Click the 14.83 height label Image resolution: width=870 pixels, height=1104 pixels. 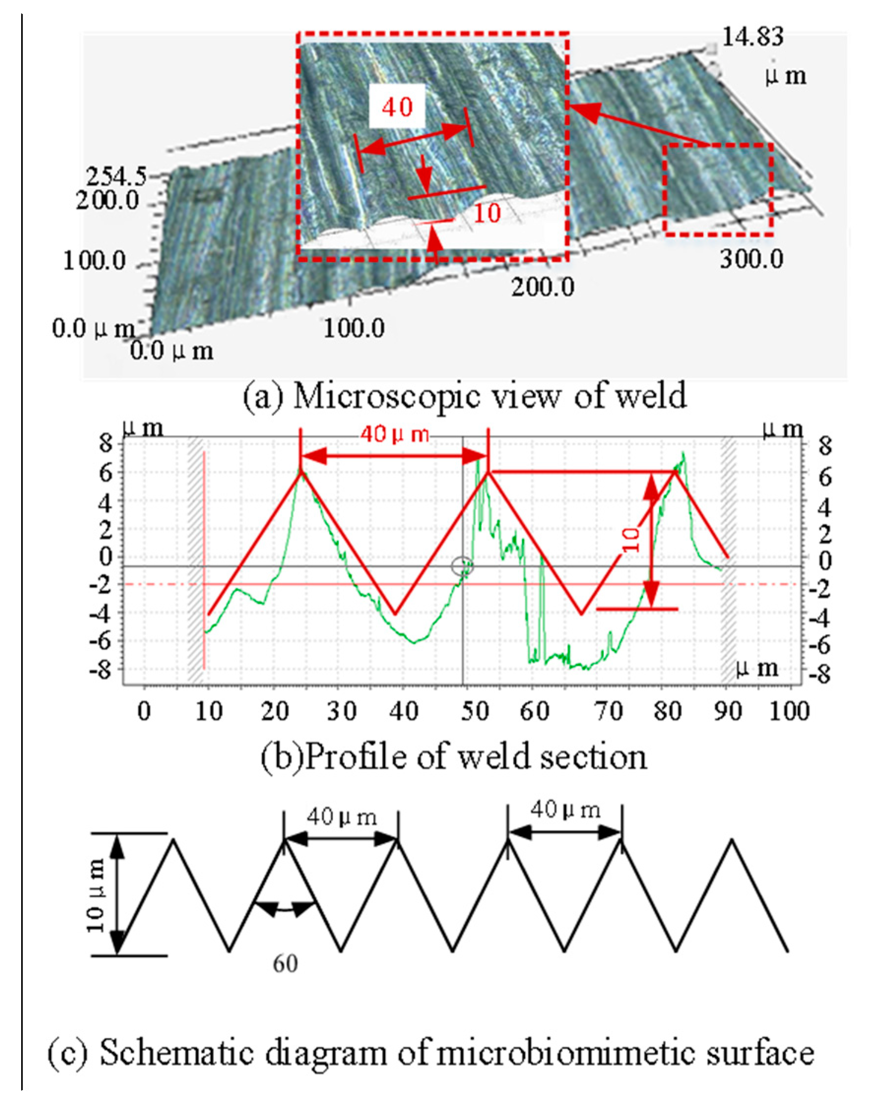click(752, 38)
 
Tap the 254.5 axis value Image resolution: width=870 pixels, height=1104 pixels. click(116, 177)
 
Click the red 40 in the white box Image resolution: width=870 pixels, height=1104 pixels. click(397, 107)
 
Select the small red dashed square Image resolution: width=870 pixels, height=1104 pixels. click(718, 189)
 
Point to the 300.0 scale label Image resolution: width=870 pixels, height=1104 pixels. click(751, 260)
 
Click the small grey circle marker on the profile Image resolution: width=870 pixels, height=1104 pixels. click(462, 566)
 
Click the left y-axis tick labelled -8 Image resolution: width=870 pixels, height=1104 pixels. click(102, 670)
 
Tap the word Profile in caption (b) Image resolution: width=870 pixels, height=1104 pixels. click(346, 757)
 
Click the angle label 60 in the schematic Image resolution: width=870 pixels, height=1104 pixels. click(285, 963)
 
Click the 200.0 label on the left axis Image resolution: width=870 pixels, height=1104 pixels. click(107, 202)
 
